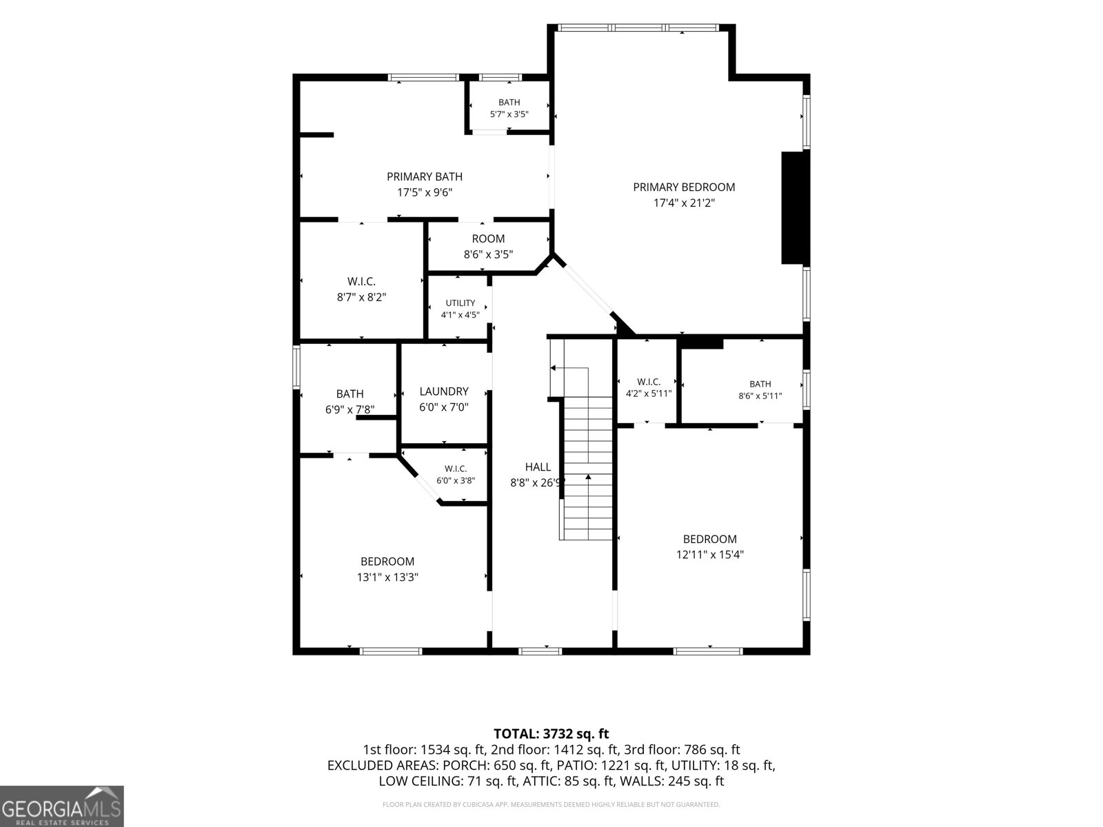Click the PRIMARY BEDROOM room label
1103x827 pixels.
[683, 187]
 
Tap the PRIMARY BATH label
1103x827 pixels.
[425, 176]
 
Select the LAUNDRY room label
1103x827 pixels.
[444, 391]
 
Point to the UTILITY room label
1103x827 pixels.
[461, 303]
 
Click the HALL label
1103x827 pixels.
[538, 467]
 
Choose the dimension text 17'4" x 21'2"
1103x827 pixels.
[683, 203]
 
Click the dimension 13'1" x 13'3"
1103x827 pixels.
[387, 577]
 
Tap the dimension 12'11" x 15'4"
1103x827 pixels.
[709, 554]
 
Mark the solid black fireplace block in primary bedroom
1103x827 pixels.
[793, 207]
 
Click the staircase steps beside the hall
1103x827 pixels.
[588, 468]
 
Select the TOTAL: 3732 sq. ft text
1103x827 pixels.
[551, 733]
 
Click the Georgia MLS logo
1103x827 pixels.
[62, 806]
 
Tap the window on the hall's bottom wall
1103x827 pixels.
[540, 651]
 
